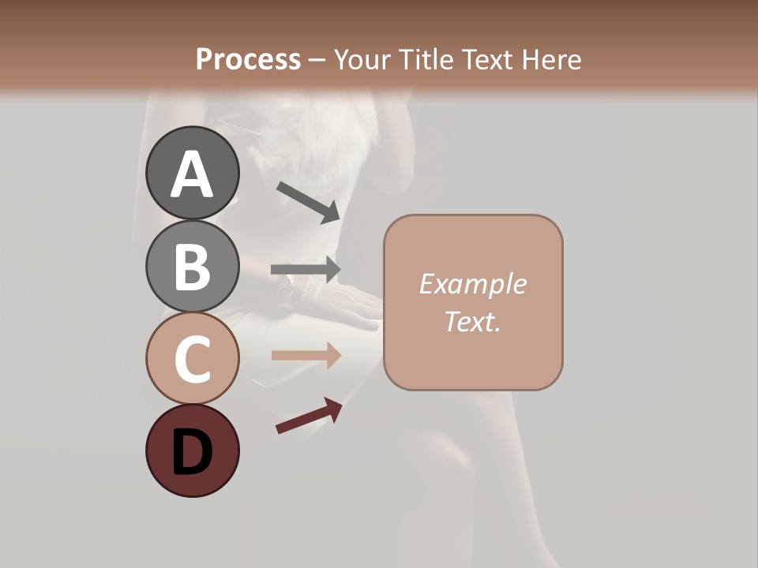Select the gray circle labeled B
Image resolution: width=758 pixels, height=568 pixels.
click(193, 266)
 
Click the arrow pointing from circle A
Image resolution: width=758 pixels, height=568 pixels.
click(308, 201)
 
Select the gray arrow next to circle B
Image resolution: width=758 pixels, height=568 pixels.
click(306, 270)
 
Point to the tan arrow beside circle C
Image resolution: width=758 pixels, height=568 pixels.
click(306, 356)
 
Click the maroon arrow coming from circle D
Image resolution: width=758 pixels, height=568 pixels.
click(309, 417)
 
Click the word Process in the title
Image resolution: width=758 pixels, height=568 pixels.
click(248, 59)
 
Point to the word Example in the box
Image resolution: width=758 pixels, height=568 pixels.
click(472, 284)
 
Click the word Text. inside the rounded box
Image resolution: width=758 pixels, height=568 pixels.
click(472, 321)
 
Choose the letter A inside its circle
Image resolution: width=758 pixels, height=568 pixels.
click(193, 174)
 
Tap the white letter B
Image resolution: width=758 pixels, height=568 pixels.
click(193, 267)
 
